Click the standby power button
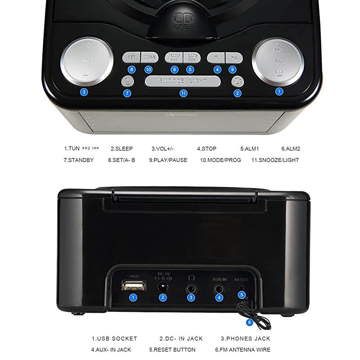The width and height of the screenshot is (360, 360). pyautogui.click(x=128, y=81)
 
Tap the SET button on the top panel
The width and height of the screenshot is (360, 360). pyautogui.click(x=131, y=58)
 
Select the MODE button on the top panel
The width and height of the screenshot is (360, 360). pyautogui.click(x=149, y=58)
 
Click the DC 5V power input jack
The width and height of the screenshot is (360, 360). pyautogui.click(x=163, y=287)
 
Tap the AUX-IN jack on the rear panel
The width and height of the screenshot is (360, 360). pyautogui.click(x=219, y=287)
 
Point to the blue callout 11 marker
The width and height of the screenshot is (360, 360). pyautogui.click(x=183, y=93)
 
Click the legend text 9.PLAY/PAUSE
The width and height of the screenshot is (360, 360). pyautogui.click(x=168, y=160)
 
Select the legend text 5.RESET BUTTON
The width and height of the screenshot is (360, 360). pyautogui.click(x=172, y=350)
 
